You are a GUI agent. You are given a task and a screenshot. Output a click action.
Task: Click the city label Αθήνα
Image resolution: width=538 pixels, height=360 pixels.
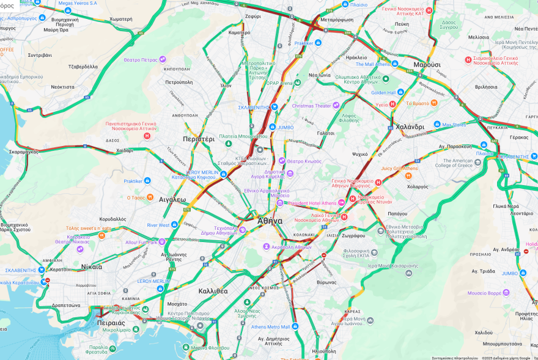pyautogui.click(x=269, y=221)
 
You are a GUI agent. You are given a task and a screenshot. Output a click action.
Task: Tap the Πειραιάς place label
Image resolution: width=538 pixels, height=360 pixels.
pyautogui.click(x=111, y=322)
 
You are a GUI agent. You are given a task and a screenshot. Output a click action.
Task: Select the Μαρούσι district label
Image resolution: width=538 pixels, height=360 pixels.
pyautogui.click(x=427, y=65)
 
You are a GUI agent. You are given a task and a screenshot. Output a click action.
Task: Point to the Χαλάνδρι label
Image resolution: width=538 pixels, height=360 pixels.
pyautogui.click(x=410, y=127)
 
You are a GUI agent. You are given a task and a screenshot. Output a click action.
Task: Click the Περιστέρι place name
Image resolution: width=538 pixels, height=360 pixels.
pyautogui.click(x=199, y=139)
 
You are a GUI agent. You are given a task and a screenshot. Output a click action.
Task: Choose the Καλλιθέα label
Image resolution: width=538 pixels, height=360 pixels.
pyautogui.click(x=213, y=291)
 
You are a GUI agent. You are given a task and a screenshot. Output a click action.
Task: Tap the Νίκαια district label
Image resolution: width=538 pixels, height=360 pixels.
pyautogui.click(x=92, y=266)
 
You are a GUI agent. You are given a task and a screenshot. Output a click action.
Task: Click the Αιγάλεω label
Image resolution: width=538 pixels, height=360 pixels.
pyautogui.click(x=172, y=199)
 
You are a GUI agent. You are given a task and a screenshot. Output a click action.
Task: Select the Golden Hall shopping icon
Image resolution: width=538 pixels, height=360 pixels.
pyautogui.click(x=400, y=92)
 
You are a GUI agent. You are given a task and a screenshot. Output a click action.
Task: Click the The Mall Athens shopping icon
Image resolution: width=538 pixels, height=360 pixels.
pyautogui.click(x=395, y=64)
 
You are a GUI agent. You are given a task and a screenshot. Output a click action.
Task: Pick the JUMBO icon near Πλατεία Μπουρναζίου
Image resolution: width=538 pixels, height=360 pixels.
pyautogui.click(x=273, y=127)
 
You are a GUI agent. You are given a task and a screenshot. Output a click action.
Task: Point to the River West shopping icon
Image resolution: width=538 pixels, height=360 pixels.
pyautogui.click(x=175, y=225)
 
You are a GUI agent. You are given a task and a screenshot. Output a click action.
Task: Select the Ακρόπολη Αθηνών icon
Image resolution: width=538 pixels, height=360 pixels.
pyautogui.click(x=267, y=246)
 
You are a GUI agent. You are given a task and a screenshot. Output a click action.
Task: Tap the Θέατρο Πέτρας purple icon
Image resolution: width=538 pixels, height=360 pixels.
pyautogui.click(x=163, y=59)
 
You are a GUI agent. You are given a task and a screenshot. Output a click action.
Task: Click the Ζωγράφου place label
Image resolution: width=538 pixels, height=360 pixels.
pyautogui.click(x=354, y=235)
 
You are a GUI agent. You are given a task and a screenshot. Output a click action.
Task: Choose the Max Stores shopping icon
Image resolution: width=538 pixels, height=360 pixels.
pyautogui.click(x=438, y=125)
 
